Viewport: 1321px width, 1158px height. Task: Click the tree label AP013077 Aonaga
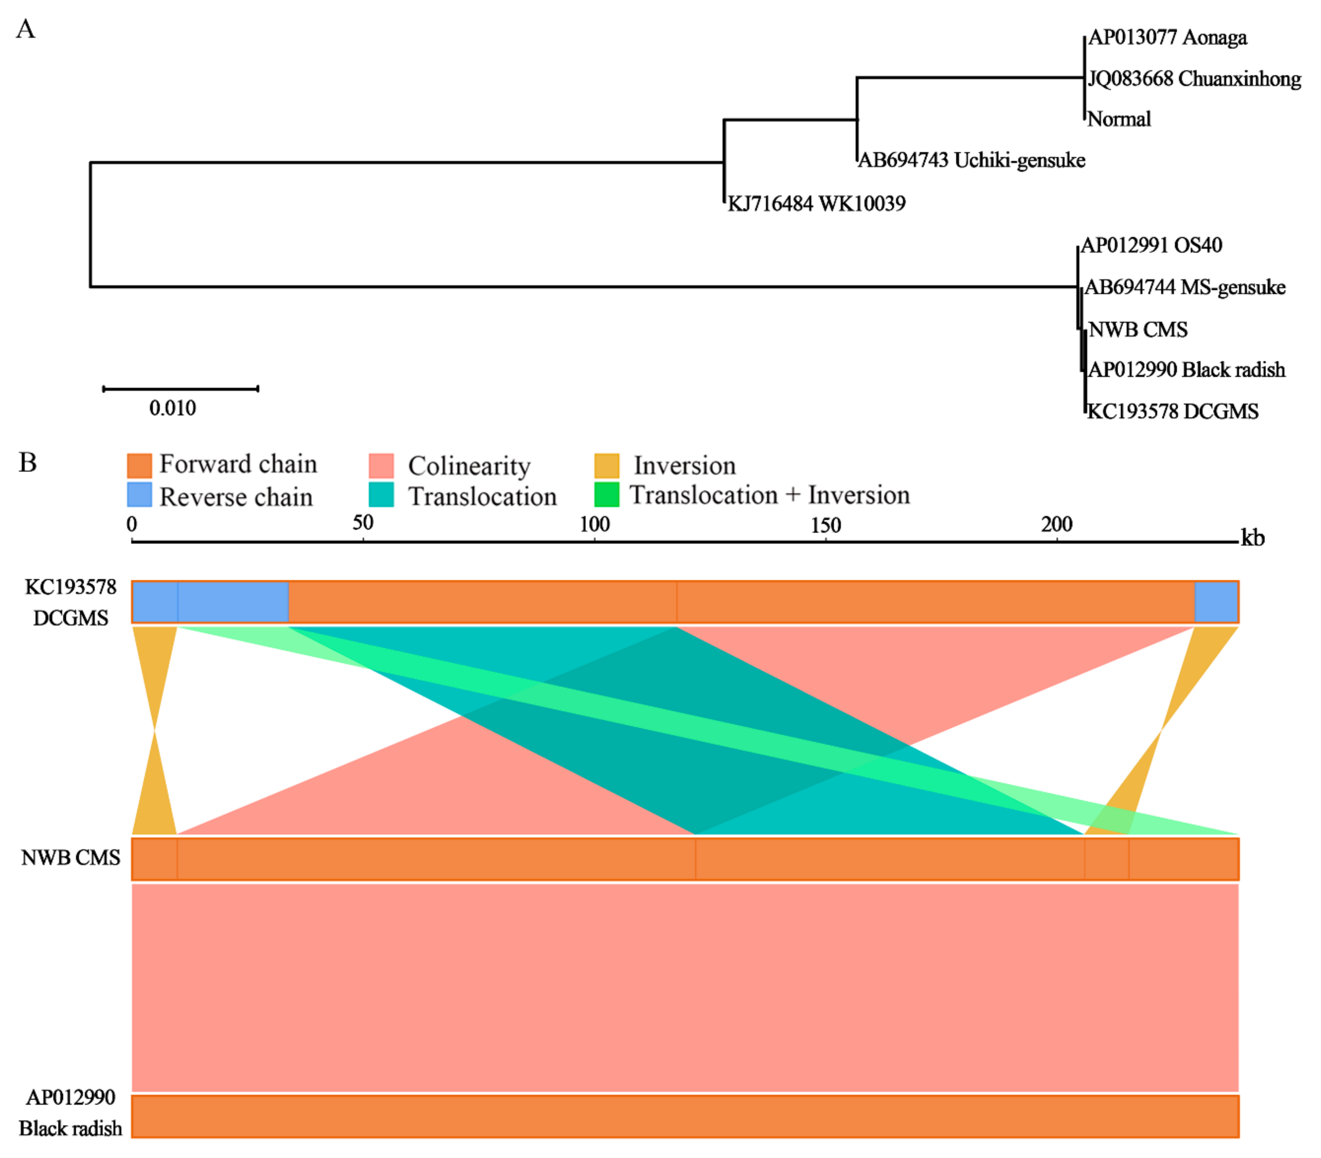pyautogui.click(x=1167, y=38)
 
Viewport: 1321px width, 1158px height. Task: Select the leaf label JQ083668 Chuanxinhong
pyautogui.click(x=1194, y=79)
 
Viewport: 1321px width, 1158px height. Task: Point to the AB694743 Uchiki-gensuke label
pyautogui.click(x=971, y=160)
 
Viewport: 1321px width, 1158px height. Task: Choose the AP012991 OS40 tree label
pyautogui.click(x=1151, y=246)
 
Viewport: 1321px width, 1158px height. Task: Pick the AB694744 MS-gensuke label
pyautogui.click(x=1185, y=287)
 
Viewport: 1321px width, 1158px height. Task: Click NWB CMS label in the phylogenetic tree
pyautogui.click(x=1137, y=329)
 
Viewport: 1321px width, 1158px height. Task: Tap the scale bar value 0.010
pyautogui.click(x=172, y=408)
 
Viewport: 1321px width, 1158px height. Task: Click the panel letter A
pyautogui.click(x=25, y=29)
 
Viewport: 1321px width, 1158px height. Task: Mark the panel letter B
pyautogui.click(x=27, y=463)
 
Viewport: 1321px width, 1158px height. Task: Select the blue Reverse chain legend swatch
pyautogui.click(x=139, y=495)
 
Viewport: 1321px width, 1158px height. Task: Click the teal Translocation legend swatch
pyautogui.click(x=381, y=495)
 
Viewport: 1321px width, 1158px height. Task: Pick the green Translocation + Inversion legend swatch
pyautogui.click(x=606, y=495)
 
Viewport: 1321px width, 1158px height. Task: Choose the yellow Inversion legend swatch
pyautogui.click(x=606, y=465)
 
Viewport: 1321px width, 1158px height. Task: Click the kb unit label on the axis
pyautogui.click(x=1252, y=538)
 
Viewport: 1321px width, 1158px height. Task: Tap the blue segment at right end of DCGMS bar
pyautogui.click(x=1216, y=602)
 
